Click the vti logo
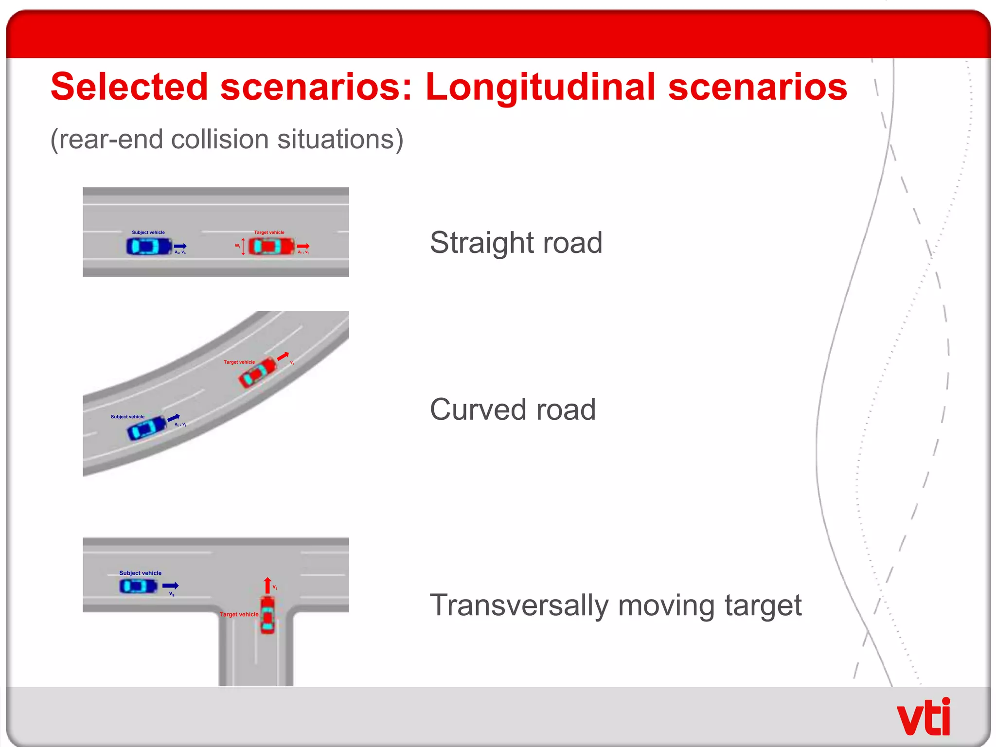(x=923, y=718)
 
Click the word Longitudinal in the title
(x=539, y=88)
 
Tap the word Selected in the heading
(x=129, y=88)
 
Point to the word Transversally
(x=519, y=605)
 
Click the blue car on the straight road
(x=149, y=246)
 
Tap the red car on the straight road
(x=271, y=246)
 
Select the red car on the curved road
(x=257, y=373)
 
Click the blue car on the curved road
(x=146, y=428)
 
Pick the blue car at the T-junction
(x=139, y=586)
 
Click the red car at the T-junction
(x=267, y=615)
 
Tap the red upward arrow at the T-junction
(x=267, y=585)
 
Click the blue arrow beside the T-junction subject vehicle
(x=170, y=586)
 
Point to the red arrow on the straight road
(x=303, y=246)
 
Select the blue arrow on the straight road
(x=180, y=246)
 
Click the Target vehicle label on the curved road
(x=239, y=362)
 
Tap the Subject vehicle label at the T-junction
(x=140, y=573)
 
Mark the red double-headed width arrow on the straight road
(x=243, y=247)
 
